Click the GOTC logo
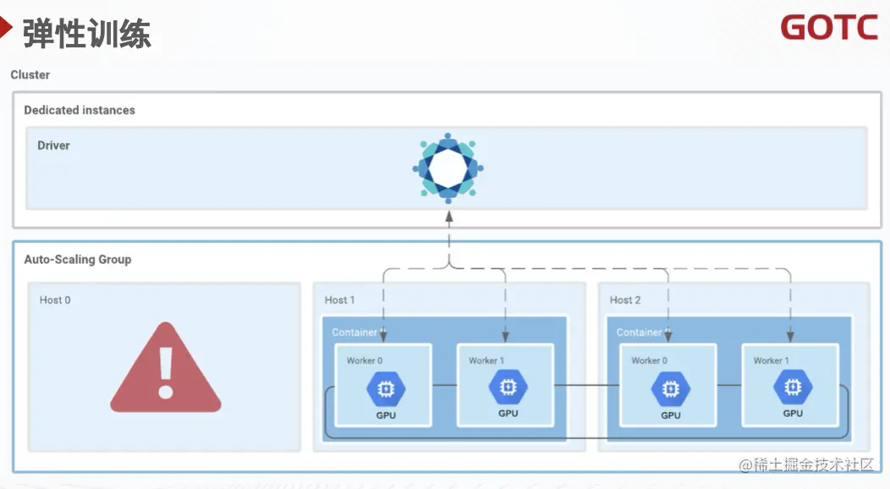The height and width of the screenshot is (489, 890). coord(829,27)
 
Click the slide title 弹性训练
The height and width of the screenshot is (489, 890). coord(86,34)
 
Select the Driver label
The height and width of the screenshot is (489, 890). coord(53,146)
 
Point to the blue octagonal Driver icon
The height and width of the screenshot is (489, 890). coord(448,166)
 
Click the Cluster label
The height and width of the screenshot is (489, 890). coord(30,74)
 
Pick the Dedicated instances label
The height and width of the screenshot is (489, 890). coord(80,110)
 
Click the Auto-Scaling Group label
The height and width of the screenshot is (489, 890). coord(78,260)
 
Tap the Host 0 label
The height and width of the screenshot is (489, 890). coord(55,299)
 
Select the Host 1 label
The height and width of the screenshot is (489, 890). coord(340,299)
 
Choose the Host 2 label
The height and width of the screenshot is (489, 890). coord(625,299)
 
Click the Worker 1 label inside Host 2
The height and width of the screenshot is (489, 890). coord(772,360)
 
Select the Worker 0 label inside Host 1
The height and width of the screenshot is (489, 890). coord(365,360)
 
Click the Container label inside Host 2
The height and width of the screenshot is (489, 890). coord(640,332)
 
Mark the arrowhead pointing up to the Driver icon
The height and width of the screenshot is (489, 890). coord(449,216)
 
